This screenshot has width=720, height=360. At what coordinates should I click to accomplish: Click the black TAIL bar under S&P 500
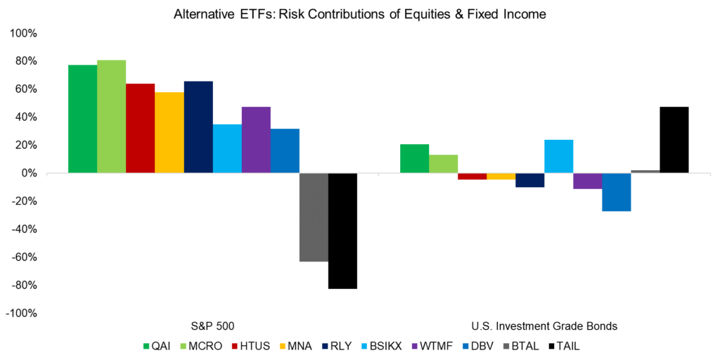[342, 231]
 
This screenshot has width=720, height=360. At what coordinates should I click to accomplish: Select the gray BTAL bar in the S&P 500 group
[314, 217]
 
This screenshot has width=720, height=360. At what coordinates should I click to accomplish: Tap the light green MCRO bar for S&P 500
[111, 117]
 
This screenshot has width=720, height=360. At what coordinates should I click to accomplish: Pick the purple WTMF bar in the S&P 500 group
[256, 140]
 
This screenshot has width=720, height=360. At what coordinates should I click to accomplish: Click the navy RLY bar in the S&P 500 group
[198, 127]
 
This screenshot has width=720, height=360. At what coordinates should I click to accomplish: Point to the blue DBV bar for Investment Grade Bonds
[617, 192]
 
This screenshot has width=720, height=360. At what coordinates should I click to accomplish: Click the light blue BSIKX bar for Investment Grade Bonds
[559, 156]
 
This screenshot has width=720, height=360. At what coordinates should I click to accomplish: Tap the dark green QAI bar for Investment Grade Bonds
[414, 159]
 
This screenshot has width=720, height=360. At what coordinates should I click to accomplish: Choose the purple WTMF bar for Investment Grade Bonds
[588, 181]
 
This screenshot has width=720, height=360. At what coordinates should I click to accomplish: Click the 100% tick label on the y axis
[27, 34]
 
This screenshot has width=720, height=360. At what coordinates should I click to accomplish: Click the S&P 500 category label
[212, 326]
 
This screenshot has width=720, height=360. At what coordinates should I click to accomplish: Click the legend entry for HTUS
[255, 346]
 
